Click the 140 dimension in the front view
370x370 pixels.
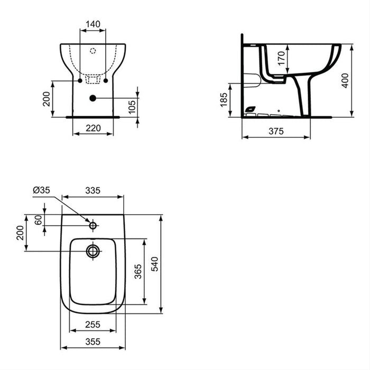93,25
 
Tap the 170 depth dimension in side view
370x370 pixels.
282,56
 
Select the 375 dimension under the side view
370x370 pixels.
275,132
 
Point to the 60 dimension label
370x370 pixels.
38,220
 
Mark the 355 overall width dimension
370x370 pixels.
93,342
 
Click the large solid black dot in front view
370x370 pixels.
93,98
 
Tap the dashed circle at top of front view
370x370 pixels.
93,51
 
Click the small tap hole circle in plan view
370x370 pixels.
93,226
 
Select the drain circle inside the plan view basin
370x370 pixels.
93,251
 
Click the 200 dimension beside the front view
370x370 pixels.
46,99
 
